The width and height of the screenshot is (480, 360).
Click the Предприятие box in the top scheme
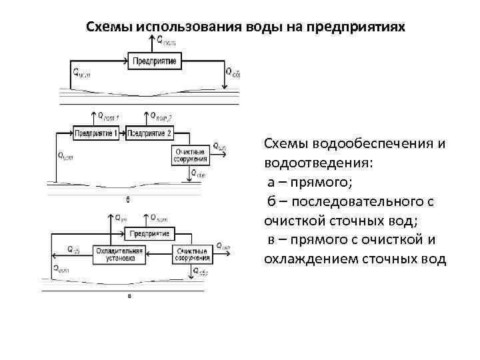(x=155, y=61)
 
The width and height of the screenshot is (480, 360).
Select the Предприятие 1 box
(x=97, y=133)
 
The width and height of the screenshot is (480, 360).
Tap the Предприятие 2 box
(x=149, y=133)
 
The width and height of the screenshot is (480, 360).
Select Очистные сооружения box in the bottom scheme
(x=191, y=253)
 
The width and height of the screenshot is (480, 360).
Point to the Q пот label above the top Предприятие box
(x=167, y=41)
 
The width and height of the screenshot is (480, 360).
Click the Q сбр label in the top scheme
(x=233, y=73)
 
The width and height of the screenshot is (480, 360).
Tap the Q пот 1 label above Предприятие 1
(x=108, y=117)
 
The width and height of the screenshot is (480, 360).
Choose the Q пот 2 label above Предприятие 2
(x=161, y=117)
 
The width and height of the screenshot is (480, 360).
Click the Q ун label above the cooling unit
(x=122, y=217)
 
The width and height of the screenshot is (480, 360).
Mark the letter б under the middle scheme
(x=127, y=199)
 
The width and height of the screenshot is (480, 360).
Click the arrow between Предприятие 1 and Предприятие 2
(x=123, y=133)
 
